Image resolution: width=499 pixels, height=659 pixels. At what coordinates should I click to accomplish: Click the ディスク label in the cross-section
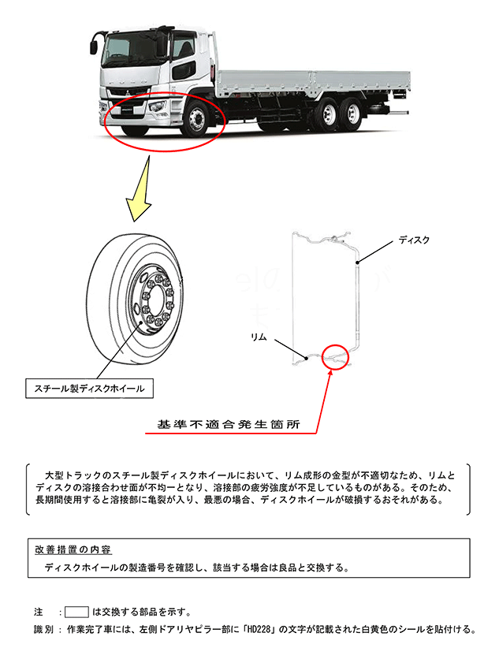(x=414, y=240)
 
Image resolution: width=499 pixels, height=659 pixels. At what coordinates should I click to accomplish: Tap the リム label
(x=260, y=337)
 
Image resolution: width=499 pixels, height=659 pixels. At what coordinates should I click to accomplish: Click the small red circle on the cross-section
(x=335, y=356)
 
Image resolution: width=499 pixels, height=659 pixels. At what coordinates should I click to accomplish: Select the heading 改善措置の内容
(x=73, y=549)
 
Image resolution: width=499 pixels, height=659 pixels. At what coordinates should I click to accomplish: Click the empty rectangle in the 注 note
(x=76, y=611)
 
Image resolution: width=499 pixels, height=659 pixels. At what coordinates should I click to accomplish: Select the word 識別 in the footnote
(x=45, y=629)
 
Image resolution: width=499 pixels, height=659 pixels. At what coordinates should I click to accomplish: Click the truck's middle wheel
(x=323, y=117)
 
